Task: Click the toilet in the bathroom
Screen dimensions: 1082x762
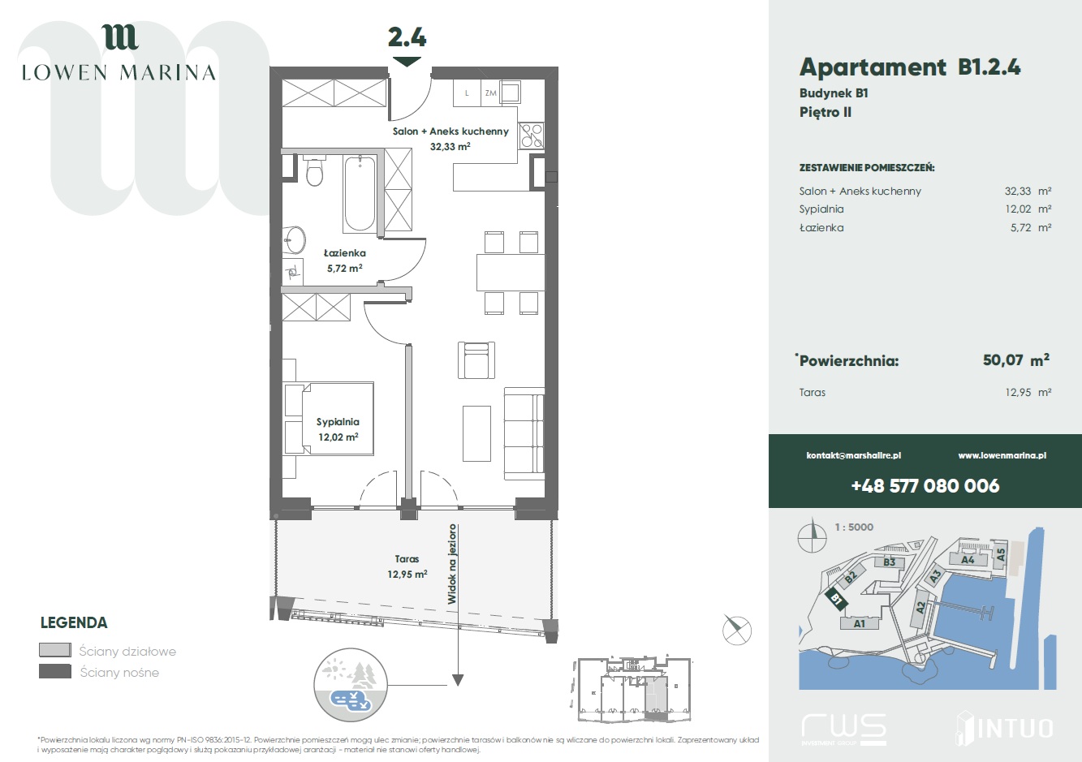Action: (x=314, y=171)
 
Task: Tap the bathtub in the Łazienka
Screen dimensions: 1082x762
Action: (x=360, y=193)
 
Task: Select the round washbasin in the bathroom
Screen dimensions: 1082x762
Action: (x=295, y=239)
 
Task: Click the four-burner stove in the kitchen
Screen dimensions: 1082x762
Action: (x=531, y=136)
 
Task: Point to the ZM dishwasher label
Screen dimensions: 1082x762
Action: (x=491, y=93)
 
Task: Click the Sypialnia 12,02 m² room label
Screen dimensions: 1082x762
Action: (x=338, y=429)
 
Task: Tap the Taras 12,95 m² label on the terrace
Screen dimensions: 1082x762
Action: (x=407, y=566)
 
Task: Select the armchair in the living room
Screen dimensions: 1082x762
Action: (x=476, y=360)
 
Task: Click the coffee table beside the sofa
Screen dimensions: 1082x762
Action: (x=476, y=433)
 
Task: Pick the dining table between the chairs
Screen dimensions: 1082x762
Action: (x=511, y=273)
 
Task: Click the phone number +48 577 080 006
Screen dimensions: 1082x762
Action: (x=925, y=485)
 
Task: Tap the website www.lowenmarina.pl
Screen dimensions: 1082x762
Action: (x=1002, y=455)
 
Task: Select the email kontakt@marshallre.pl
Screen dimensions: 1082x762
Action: (x=854, y=455)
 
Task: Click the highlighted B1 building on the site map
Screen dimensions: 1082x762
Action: (x=836, y=599)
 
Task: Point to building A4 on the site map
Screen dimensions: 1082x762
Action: (x=968, y=559)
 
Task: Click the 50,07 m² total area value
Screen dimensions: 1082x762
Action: (x=1015, y=359)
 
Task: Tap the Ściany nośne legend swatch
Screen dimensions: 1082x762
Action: (x=55, y=672)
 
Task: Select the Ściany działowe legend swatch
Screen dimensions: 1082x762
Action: (x=55, y=650)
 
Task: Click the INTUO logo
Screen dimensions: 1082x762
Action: (x=1004, y=729)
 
